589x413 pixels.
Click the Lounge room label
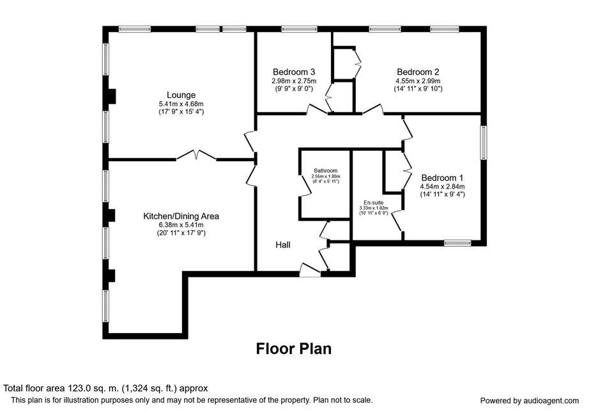click(181, 95)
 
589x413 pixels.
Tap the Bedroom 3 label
click(294, 72)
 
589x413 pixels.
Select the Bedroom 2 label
click(418, 72)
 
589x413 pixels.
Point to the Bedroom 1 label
click(442, 178)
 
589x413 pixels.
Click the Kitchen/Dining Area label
click(181, 216)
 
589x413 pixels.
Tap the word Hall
click(283, 245)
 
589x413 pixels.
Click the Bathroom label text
click(326, 171)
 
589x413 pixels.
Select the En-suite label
click(373, 203)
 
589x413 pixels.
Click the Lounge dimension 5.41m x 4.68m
click(181, 104)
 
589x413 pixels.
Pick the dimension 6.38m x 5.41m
click(181, 225)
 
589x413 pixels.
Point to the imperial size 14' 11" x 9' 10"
click(418, 89)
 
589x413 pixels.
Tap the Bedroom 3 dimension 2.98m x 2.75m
click(294, 81)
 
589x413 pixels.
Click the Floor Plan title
click(294, 348)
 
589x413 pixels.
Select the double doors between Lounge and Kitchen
click(197, 155)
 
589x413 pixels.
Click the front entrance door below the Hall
click(310, 270)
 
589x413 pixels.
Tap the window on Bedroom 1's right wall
click(484, 143)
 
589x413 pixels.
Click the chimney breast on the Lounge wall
click(112, 96)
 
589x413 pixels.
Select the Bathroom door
click(304, 185)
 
